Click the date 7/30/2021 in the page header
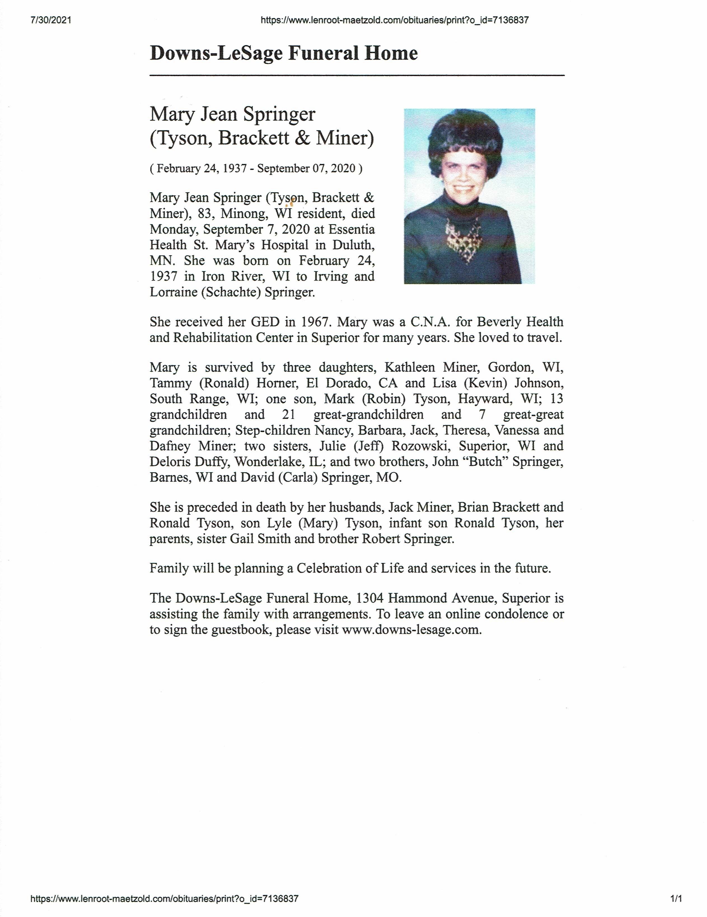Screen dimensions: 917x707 51,20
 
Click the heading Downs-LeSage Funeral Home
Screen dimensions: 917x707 283,53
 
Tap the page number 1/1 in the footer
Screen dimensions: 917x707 676,899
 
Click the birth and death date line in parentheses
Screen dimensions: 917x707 256,169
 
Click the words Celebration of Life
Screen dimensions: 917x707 350,569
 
